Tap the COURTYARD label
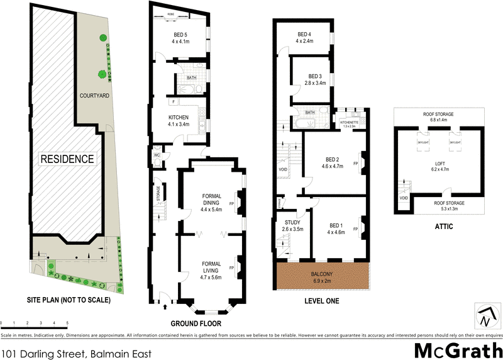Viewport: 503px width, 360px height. pos(94,96)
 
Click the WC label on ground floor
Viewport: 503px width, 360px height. pos(157,155)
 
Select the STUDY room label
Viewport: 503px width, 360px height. pos(293,225)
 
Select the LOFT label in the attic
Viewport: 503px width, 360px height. pos(439,166)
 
